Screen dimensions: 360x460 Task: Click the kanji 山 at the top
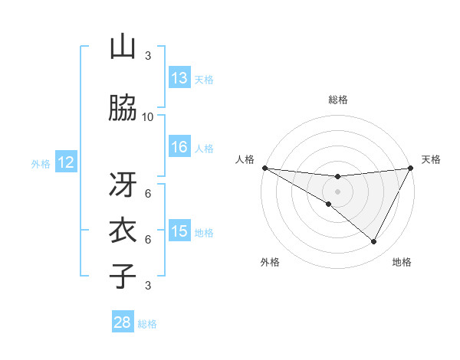coord(123,47)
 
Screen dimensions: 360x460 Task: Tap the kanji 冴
coord(123,184)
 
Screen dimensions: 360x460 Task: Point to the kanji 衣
coord(123,230)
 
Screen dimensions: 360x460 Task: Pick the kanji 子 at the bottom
coord(123,276)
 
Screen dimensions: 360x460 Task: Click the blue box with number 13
coord(179,78)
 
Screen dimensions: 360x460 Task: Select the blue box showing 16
coord(179,147)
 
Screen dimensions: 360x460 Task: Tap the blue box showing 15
coord(179,231)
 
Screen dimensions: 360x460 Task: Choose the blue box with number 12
coord(66,162)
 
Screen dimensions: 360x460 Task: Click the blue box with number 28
coord(123,322)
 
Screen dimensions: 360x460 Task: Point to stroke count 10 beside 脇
coord(148,116)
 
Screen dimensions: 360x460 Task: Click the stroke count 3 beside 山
coord(148,56)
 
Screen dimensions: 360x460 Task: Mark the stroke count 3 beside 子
coord(148,286)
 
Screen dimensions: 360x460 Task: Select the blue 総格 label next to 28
coord(147,324)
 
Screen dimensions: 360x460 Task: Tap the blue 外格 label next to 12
coord(41,164)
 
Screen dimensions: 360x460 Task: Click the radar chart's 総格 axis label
coord(337,100)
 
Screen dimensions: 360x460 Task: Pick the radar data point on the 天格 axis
coord(411,168)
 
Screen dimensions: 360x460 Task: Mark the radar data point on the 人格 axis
coord(264,168)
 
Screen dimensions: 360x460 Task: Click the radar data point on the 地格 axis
coord(374,242)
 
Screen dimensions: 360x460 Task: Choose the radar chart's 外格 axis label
coord(270,262)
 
